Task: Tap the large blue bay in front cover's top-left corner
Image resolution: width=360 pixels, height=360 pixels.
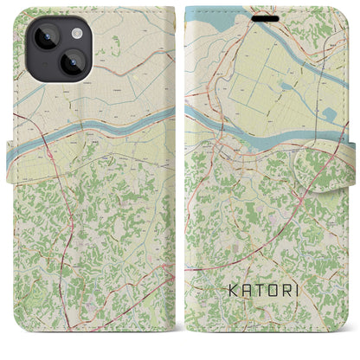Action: [x=204, y=17]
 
